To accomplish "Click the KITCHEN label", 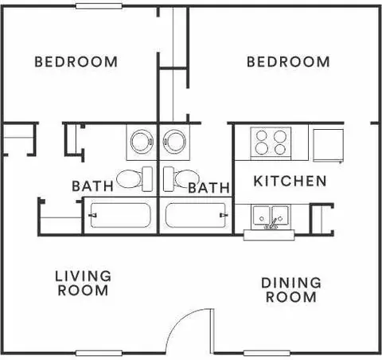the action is pyautogui.click(x=290, y=181).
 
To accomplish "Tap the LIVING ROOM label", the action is pyautogui.click(x=83, y=283).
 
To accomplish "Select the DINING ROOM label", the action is pyautogui.click(x=291, y=290).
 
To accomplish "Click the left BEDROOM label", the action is pyautogui.click(x=76, y=61).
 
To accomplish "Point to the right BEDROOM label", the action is pyautogui.click(x=288, y=61).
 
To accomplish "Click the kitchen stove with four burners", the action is pyautogui.click(x=271, y=141).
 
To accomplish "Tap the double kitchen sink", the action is pyautogui.click(x=271, y=216).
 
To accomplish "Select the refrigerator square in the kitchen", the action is pyautogui.click(x=328, y=145).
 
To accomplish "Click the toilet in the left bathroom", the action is pyautogui.click(x=134, y=178).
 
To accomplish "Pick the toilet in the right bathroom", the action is pyautogui.click(x=181, y=178).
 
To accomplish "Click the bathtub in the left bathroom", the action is pyautogui.click(x=120, y=215).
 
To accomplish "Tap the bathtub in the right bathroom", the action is pyautogui.click(x=196, y=215).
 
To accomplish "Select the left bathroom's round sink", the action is pyautogui.click(x=142, y=141).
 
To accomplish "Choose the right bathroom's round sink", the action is pyautogui.click(x=174, y=141).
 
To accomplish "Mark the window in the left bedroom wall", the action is pyautogui.click(x=99, y=6).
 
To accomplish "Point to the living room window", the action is pyautogui.click(x=99, y=353).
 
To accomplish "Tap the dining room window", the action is pyautogui.click(x=267, y=353).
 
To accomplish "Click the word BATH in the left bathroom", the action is pyautogui.click(x=93, y=186).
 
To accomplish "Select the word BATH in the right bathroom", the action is pyautogui.click(x=209, y=188).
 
